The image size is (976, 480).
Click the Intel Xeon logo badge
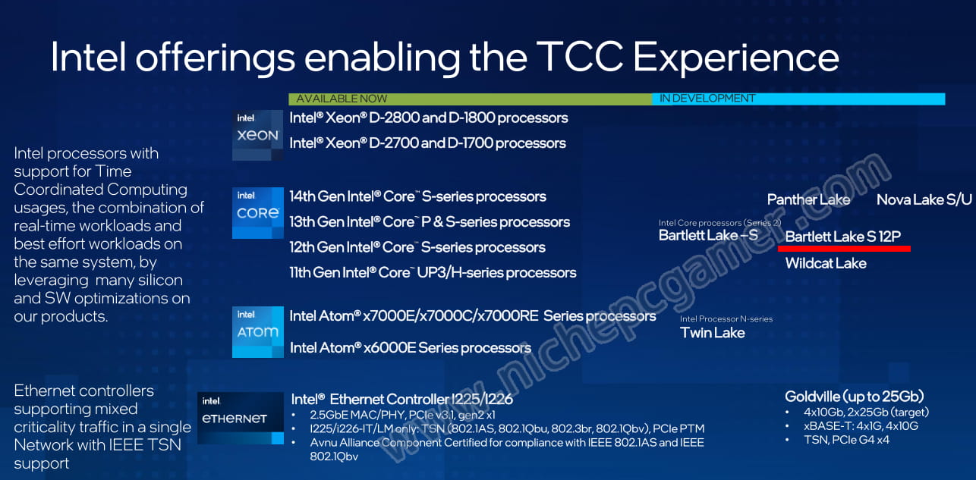click(x=257, y=135)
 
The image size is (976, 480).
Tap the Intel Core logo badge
click(x=257, y=213)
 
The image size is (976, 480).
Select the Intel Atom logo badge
click(x=257, y=332)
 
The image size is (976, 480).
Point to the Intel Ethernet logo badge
click(x=241, y=419)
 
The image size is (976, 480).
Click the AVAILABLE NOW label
click(x=342, y=99)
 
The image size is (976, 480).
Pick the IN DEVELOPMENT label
click(x=707, y=99)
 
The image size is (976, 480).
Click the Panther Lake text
click(x=808, y=199)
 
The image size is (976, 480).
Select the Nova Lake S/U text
click(x=924, y=199)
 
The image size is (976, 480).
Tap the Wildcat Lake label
click(x=826, y=263)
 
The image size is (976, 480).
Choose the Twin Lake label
click(x=713, y=333)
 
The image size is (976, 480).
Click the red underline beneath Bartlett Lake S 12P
click(x=844, y=249)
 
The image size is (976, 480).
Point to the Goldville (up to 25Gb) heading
click(x=854, y=397)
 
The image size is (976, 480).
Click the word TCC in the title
click(x=580, y=57)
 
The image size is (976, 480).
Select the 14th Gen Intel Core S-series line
click(x=417, y=196)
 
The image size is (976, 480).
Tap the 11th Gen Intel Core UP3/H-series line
click(x=433, y=273)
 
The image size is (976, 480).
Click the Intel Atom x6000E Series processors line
click(x=411, y=348)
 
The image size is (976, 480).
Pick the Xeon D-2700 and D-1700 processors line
click(x=427, y=143)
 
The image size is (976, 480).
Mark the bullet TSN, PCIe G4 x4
click(x=846, y=440)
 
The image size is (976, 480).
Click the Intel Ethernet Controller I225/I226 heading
click(x=401, y=399)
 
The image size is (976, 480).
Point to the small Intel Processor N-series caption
click(x=726, y=319)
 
